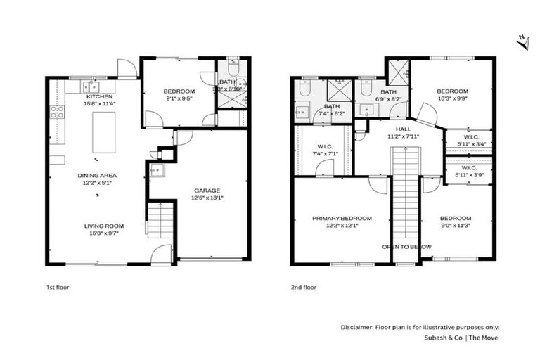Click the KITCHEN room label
click(x=99, y=96)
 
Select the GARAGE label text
click(x=207, y=190)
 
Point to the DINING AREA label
click(x=98, y=175)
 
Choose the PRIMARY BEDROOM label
click(x=342, y=219)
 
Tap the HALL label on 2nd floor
click(x=403, y=129)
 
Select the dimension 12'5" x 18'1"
click(x=207, y=198)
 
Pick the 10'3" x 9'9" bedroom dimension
click(x=452, y=99)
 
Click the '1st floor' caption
click(x=58, y=287)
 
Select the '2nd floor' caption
click(x=304, y=287)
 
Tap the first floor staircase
click(x=161, y=219)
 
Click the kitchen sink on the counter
click(x=88, y=86)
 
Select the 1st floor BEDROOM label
click(x=179, y=91)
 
